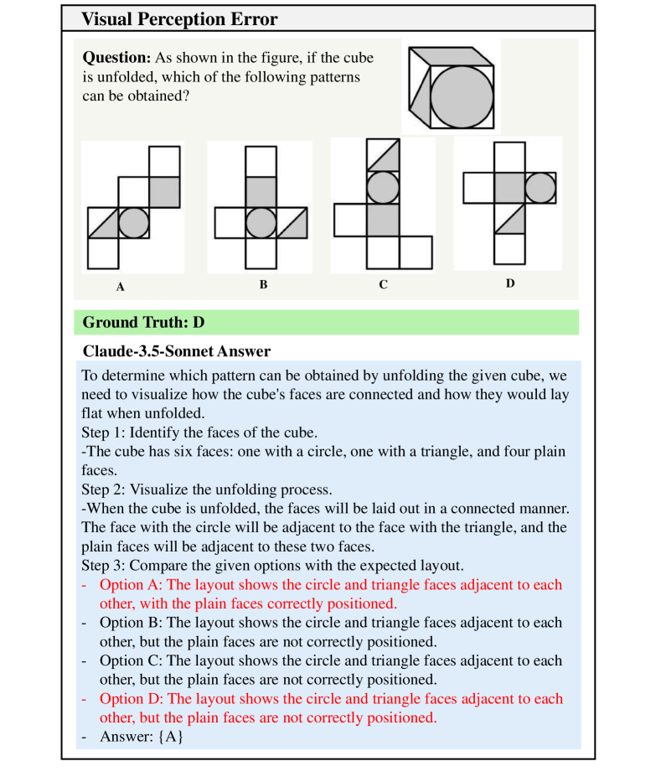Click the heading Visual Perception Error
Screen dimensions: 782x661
click(180, 19)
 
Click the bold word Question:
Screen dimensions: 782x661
click(116, 58)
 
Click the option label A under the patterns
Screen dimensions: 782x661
click(120, 287)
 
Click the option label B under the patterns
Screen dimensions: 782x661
click(263, 285)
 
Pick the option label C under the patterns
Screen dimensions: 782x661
click(383, 285)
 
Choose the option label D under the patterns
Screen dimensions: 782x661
click(509, 283)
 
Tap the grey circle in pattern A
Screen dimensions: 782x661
click(133, 223)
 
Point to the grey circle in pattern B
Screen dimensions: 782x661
click(261, 223)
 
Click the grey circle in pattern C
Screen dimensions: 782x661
click(383, 187)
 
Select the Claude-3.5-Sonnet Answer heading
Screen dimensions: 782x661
click(177, 350)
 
